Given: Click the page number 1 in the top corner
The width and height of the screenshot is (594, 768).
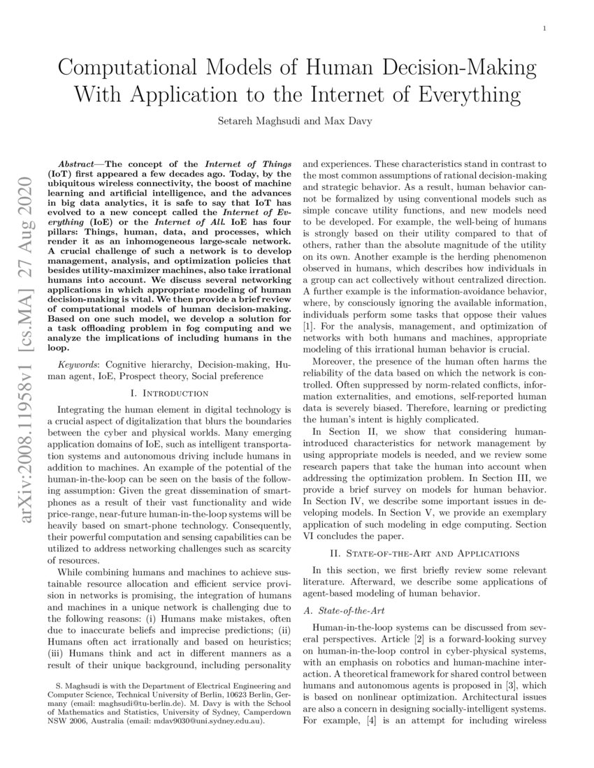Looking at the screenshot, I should pyautogui.click(x=544, y=28).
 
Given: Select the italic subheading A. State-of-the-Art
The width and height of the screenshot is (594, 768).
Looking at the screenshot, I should pyautogui.click(x=340, y=612).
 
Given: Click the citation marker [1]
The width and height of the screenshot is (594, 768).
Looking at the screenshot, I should pyautogui.click(x=309, y=326).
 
